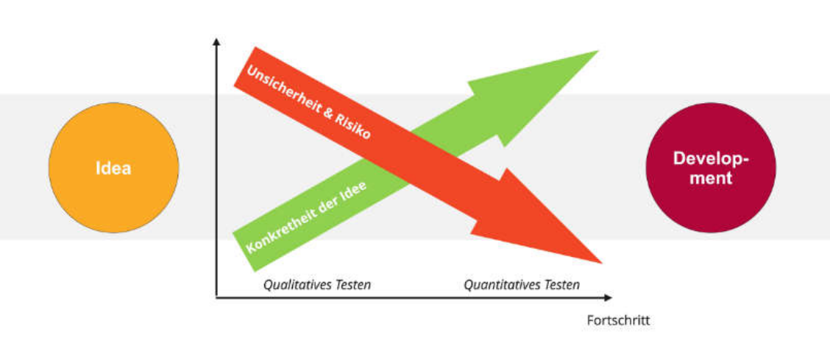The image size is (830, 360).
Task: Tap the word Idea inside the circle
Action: pyautogui.click(x=113, y=168)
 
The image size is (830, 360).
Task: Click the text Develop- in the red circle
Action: pyautogui.click(x=710, y=159)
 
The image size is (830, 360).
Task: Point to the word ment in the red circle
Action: pyautogui.click(x=710, y=177)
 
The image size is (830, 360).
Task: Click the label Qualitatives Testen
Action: pyautogui.click(x=317, y=284)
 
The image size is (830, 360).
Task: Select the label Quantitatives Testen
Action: pyautogui.click(x=521, y=284)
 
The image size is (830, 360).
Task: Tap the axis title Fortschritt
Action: pyautogui.click(x=618, y=321)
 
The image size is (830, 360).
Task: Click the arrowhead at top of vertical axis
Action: pyautogui.click(x=216, y=42)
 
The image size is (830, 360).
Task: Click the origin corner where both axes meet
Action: pyautogui.click(x=216, y=297)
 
